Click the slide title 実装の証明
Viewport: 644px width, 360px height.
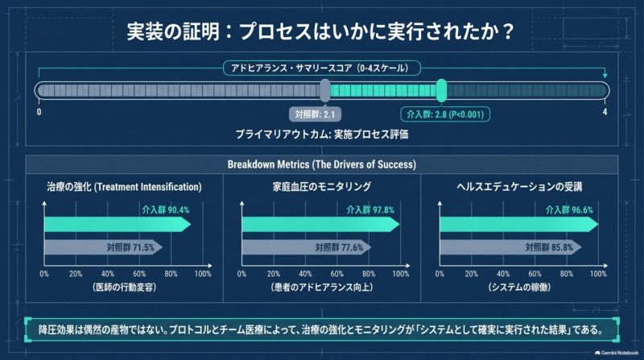coord(173,31)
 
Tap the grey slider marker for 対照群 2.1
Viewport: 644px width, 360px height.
coord(325,90)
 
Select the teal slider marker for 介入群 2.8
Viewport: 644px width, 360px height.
coord(441,90)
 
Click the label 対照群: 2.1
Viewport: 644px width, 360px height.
coord(315,114)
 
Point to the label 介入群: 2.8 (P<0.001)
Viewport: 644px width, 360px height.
coord(445,114)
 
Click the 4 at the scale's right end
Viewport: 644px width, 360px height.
coord(605,112)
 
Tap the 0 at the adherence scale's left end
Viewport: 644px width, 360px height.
coord(39,112)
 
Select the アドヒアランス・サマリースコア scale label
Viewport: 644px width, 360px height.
coord(321,68)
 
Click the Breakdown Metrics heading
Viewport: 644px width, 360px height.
coord(321,164)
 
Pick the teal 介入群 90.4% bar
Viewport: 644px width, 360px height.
coord(118,225)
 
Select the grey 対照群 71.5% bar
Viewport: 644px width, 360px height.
coord(103,247)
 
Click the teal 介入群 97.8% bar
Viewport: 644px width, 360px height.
coord(320,225)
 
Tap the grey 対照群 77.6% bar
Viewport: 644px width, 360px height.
coord(307,247)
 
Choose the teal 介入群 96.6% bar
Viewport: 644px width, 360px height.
coord(519,225)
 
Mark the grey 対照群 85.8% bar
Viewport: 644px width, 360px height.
coord(510,247)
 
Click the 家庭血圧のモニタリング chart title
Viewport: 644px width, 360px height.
coord(321,187)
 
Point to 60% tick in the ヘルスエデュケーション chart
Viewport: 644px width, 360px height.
coord(535,274)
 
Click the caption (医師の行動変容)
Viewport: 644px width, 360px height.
coord(125,287)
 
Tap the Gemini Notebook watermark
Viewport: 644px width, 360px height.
coord(617,353)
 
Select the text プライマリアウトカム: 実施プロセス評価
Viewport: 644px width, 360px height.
coord(321,134)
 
